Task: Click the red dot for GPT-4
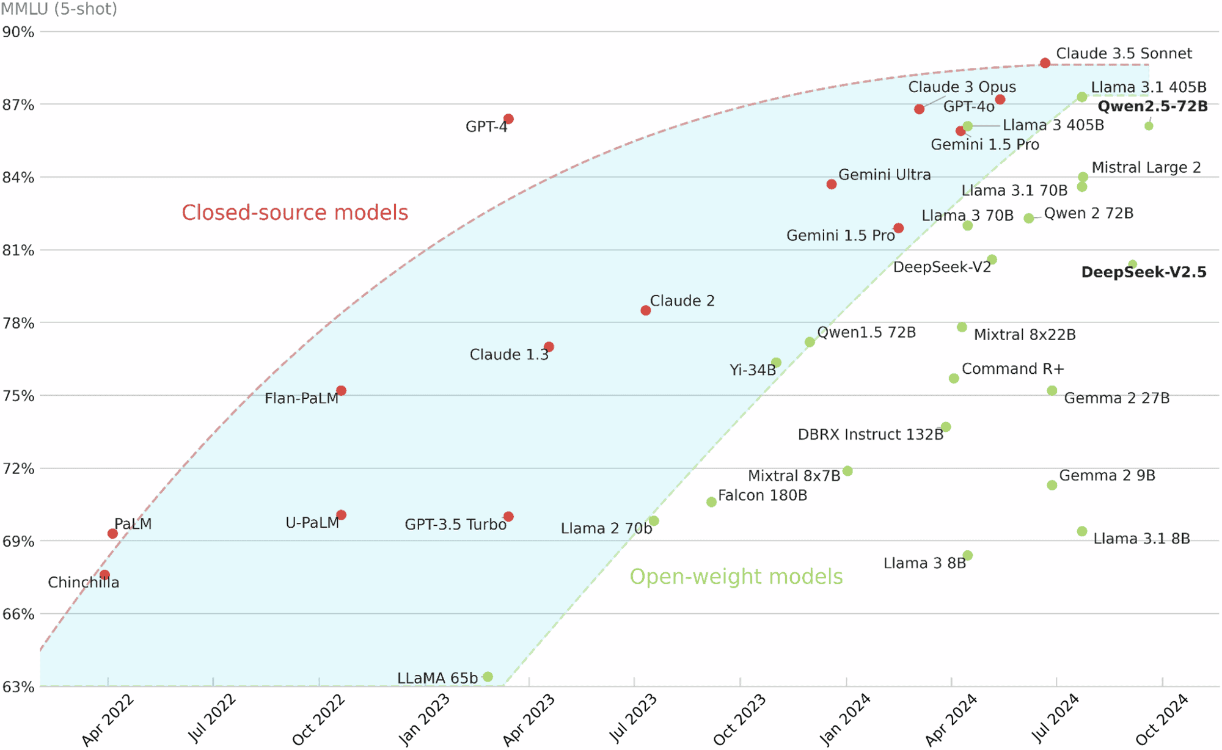coord(508,119)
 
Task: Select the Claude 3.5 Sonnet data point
coord(1045,63)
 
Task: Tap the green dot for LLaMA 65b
coord(488,677)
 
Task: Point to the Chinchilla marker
coord(105,575)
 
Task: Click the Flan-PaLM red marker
coord(342,391)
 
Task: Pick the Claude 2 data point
coord(646,310)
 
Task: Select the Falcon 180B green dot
coord(711,502)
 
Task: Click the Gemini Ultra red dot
coord(832,184)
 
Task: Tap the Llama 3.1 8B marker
coord(1082,531)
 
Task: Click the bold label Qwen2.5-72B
coord(1152,106)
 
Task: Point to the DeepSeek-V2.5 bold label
coord(1144,272)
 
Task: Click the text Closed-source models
coord(295,213)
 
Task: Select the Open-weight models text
coord(736,577)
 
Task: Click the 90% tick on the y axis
coord(18,32)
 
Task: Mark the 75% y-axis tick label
coord(18,396)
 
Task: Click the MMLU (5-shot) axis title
coord(59,9)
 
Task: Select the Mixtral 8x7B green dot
coord(847,471)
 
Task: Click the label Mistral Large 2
coord(1146,167)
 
